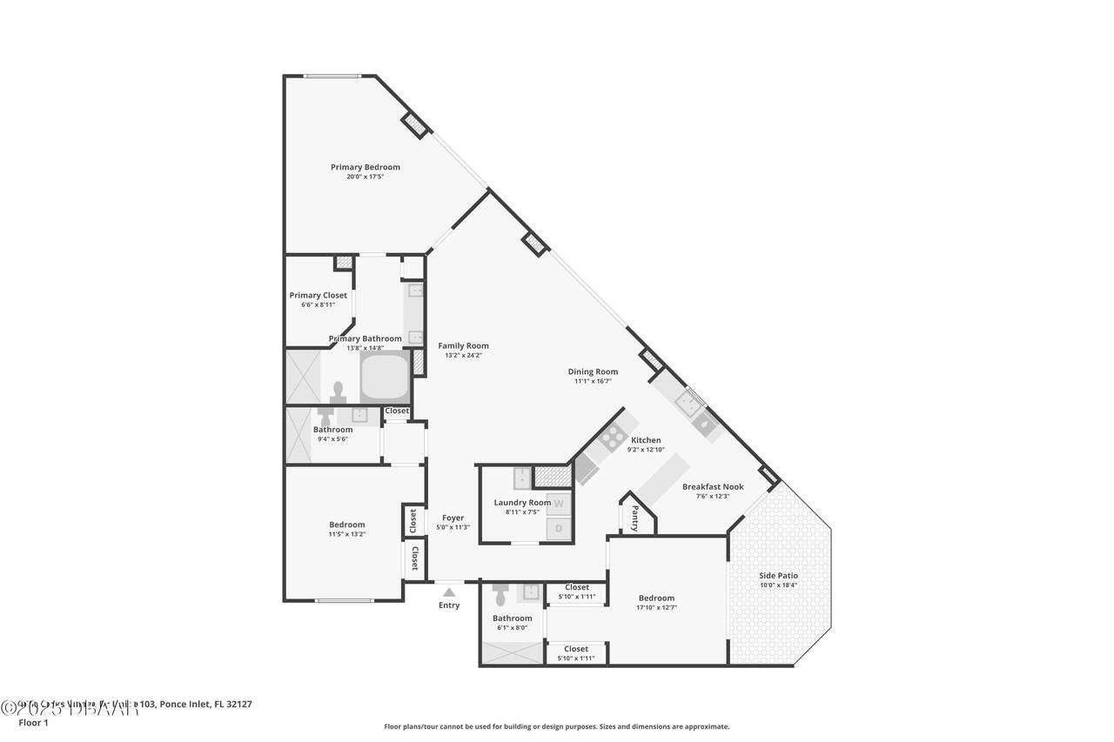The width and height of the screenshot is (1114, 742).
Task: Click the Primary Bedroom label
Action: pyautogui.click(x=365, y=167)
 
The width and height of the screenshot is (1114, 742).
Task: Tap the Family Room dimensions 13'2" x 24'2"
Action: pyautogui.click(x=463, y=355)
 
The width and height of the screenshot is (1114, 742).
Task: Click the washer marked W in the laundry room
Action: pyautogui.click(x=559, y=504)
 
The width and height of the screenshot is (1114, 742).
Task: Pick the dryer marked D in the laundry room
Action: pyautogui.click(x=559, y=528)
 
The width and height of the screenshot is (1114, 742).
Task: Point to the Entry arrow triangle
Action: pyautogui.click(x=449, y=592)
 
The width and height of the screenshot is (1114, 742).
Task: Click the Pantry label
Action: pyautogui.click(x=634, y=518)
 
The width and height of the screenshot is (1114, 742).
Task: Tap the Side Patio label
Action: pyautogui.click(x=778, y=576)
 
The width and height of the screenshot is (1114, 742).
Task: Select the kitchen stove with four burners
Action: pyautogui.click(x=612, y=438)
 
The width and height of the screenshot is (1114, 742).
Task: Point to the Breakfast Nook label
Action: pyautogui.click(x=713, y=487)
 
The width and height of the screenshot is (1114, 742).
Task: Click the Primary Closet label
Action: pyautogui.click(x=318, y=295)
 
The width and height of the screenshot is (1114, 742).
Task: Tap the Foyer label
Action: pyautogui.click(x=453, y=518)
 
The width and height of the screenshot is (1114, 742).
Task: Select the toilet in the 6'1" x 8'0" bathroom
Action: pyautogui.click(x=500, y=596)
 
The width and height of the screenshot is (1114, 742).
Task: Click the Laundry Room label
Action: pyautogui.click(x=522, y=503)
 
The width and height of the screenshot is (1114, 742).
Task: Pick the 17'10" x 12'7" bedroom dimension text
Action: pyautogui.click(x=656, y=607)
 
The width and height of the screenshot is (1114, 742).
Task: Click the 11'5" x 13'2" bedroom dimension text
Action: pyautogui.click(x=346, y=534)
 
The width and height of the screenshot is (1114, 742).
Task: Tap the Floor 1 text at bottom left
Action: pyautogui.click(x=33, y=722)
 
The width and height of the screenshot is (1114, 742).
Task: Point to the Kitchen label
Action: pyautogui.click(x=646, y=440)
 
